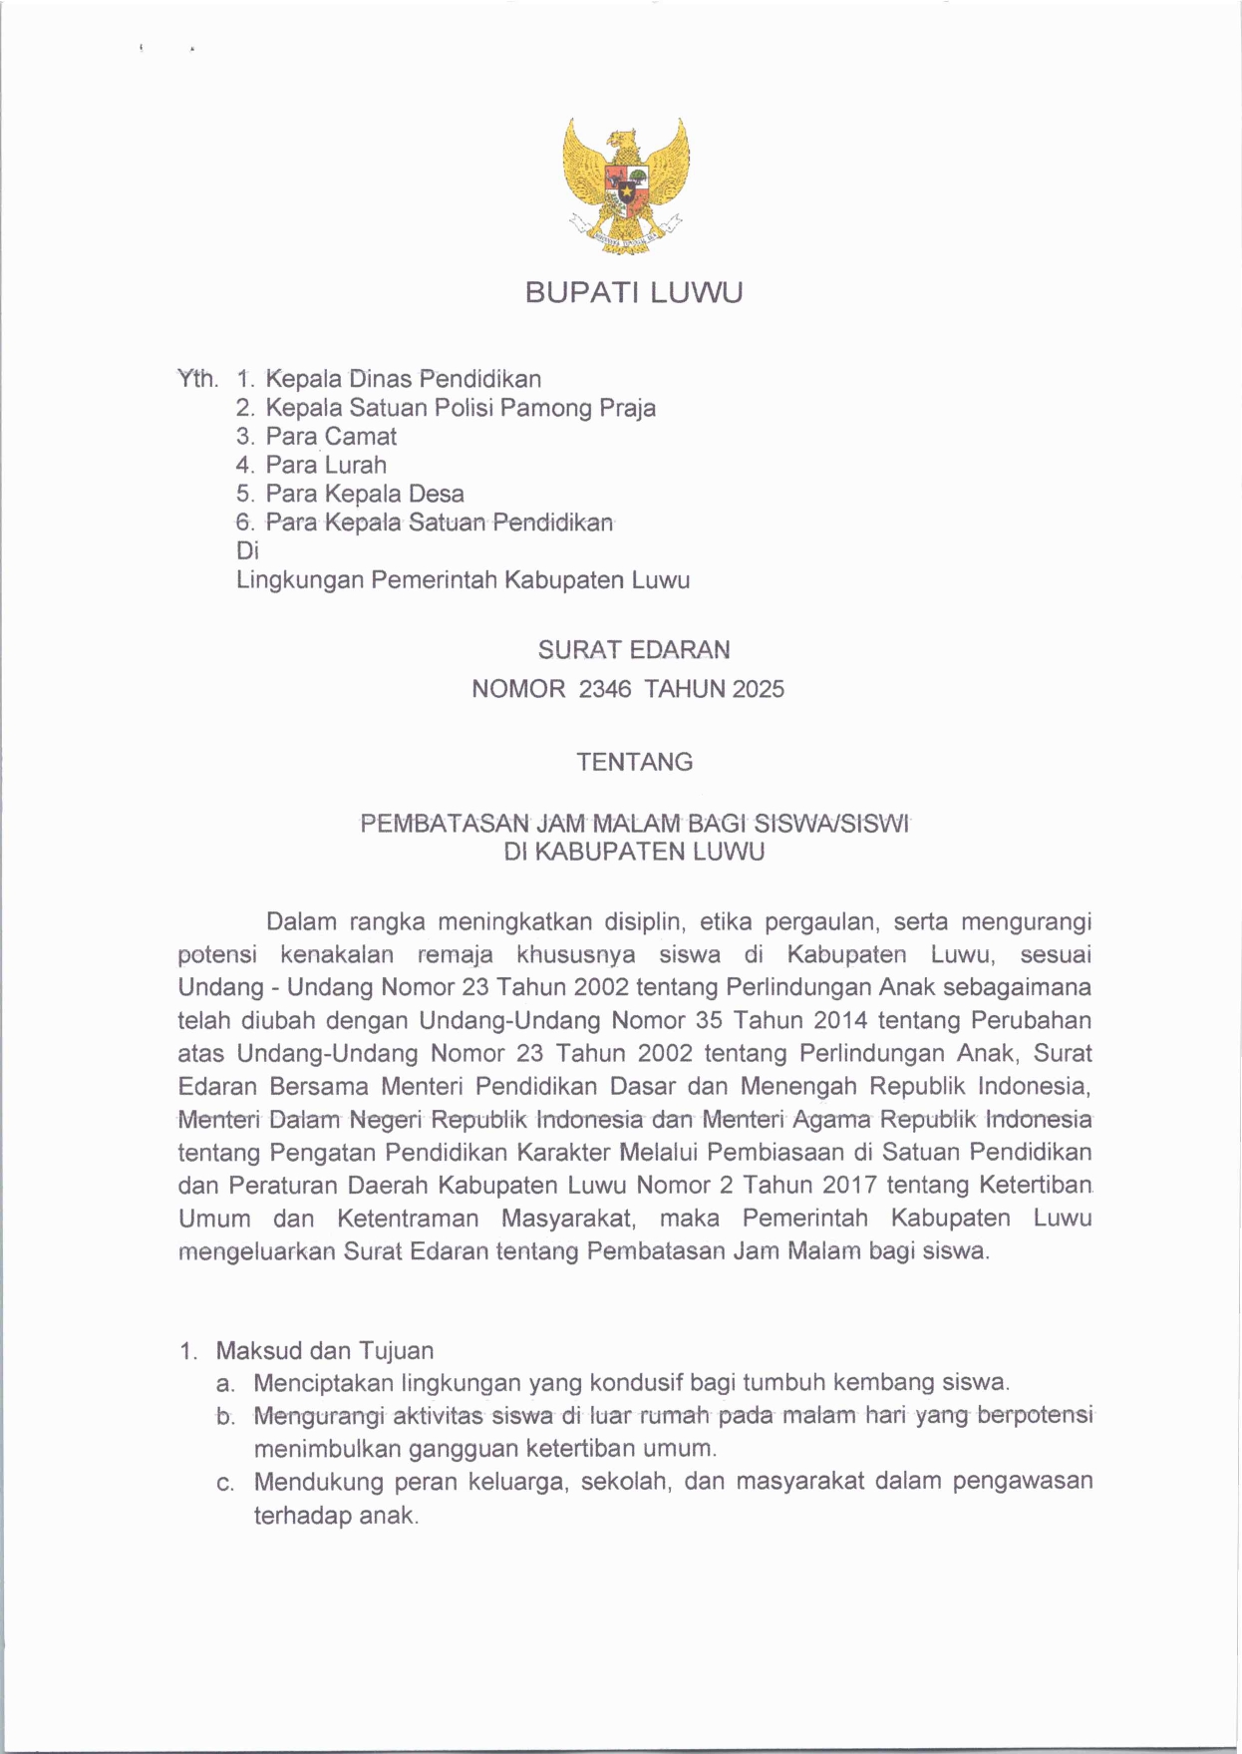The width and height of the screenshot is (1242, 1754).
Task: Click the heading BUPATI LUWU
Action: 634,293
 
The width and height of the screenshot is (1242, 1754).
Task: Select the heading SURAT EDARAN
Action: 634,650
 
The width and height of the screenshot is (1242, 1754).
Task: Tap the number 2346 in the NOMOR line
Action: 605,689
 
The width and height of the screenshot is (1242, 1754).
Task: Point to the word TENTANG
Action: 634,763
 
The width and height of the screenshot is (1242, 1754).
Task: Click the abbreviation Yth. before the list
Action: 197,379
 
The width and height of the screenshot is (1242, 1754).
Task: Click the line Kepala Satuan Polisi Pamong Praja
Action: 461,408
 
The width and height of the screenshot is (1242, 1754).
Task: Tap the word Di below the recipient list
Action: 247,550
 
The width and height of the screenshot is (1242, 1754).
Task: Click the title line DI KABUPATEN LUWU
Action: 634,853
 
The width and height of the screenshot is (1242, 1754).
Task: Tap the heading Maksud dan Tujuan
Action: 325,1351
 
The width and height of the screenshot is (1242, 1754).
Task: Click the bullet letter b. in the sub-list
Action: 225,1417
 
